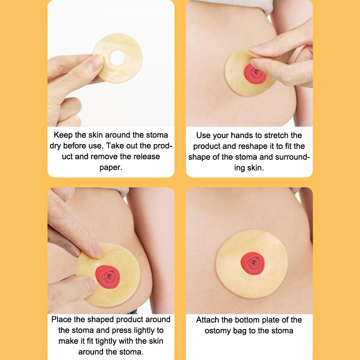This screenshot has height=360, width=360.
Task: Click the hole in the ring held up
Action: tap(117, 58)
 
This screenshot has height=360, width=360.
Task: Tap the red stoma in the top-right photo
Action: tap(255, 74)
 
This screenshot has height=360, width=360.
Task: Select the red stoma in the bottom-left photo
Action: tap(108, 277)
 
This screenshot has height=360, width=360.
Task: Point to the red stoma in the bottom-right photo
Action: tap(252, 263)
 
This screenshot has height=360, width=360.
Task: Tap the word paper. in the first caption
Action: tap(111, 167)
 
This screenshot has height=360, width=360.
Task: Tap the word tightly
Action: tap(106, 341)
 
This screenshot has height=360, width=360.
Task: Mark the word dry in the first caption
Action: tap(55, 146)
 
